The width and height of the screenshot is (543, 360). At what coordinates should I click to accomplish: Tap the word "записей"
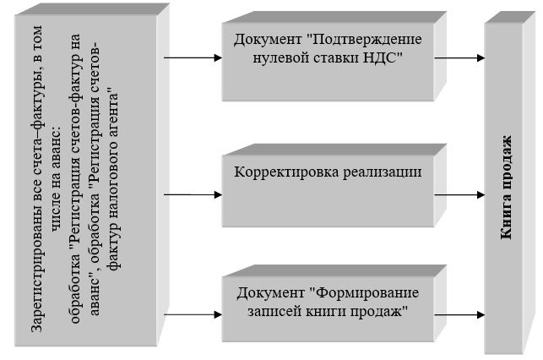275,311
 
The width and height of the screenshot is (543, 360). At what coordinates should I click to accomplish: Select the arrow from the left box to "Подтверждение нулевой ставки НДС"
192,59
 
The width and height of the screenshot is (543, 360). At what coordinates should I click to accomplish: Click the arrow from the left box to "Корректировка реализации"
192,195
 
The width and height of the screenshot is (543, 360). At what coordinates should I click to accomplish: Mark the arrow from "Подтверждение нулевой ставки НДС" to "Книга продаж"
460,58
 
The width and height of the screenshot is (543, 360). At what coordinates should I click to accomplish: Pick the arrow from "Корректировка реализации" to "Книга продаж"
460,194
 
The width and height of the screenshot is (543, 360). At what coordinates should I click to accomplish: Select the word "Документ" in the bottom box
272,294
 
